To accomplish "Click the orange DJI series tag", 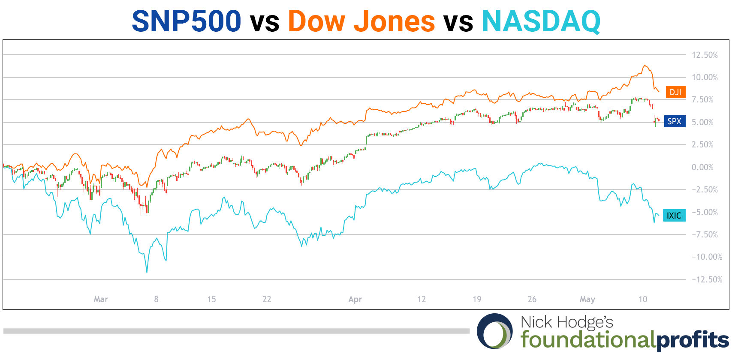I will click(675, 92).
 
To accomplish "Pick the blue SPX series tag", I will click(674, 121).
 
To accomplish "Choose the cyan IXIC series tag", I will click(674, 215).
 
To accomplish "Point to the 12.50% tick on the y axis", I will click(704, 55).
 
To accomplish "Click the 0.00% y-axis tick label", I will click(704, 167).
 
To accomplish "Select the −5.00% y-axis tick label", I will click(704, 212).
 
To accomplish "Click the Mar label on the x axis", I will click(101, 299).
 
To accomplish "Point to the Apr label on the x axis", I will click(355, 299).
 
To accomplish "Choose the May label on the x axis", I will click(587, 299).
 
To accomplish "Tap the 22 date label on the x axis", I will click(267, 299).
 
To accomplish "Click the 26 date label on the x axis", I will click(532, 299).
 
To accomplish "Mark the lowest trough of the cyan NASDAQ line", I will click(147, 272).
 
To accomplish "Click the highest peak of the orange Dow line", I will click(644, 66).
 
